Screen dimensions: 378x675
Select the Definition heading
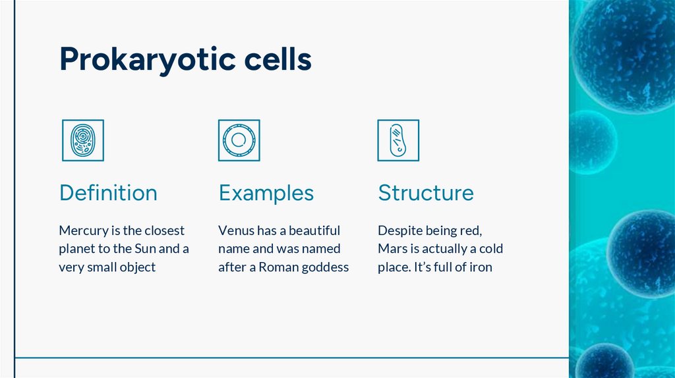[108, 193]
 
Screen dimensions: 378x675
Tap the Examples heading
[266, 193]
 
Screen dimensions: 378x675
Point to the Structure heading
[425, 193]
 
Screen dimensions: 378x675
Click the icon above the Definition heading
[82, 140]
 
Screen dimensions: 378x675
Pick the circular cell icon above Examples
[239, 140]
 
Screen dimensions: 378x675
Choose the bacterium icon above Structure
[398, 140]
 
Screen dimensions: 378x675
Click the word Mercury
[82, 231]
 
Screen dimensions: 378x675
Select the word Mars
[392, 249]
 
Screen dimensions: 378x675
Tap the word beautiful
[314, 231]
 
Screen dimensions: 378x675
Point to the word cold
[489, 249]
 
